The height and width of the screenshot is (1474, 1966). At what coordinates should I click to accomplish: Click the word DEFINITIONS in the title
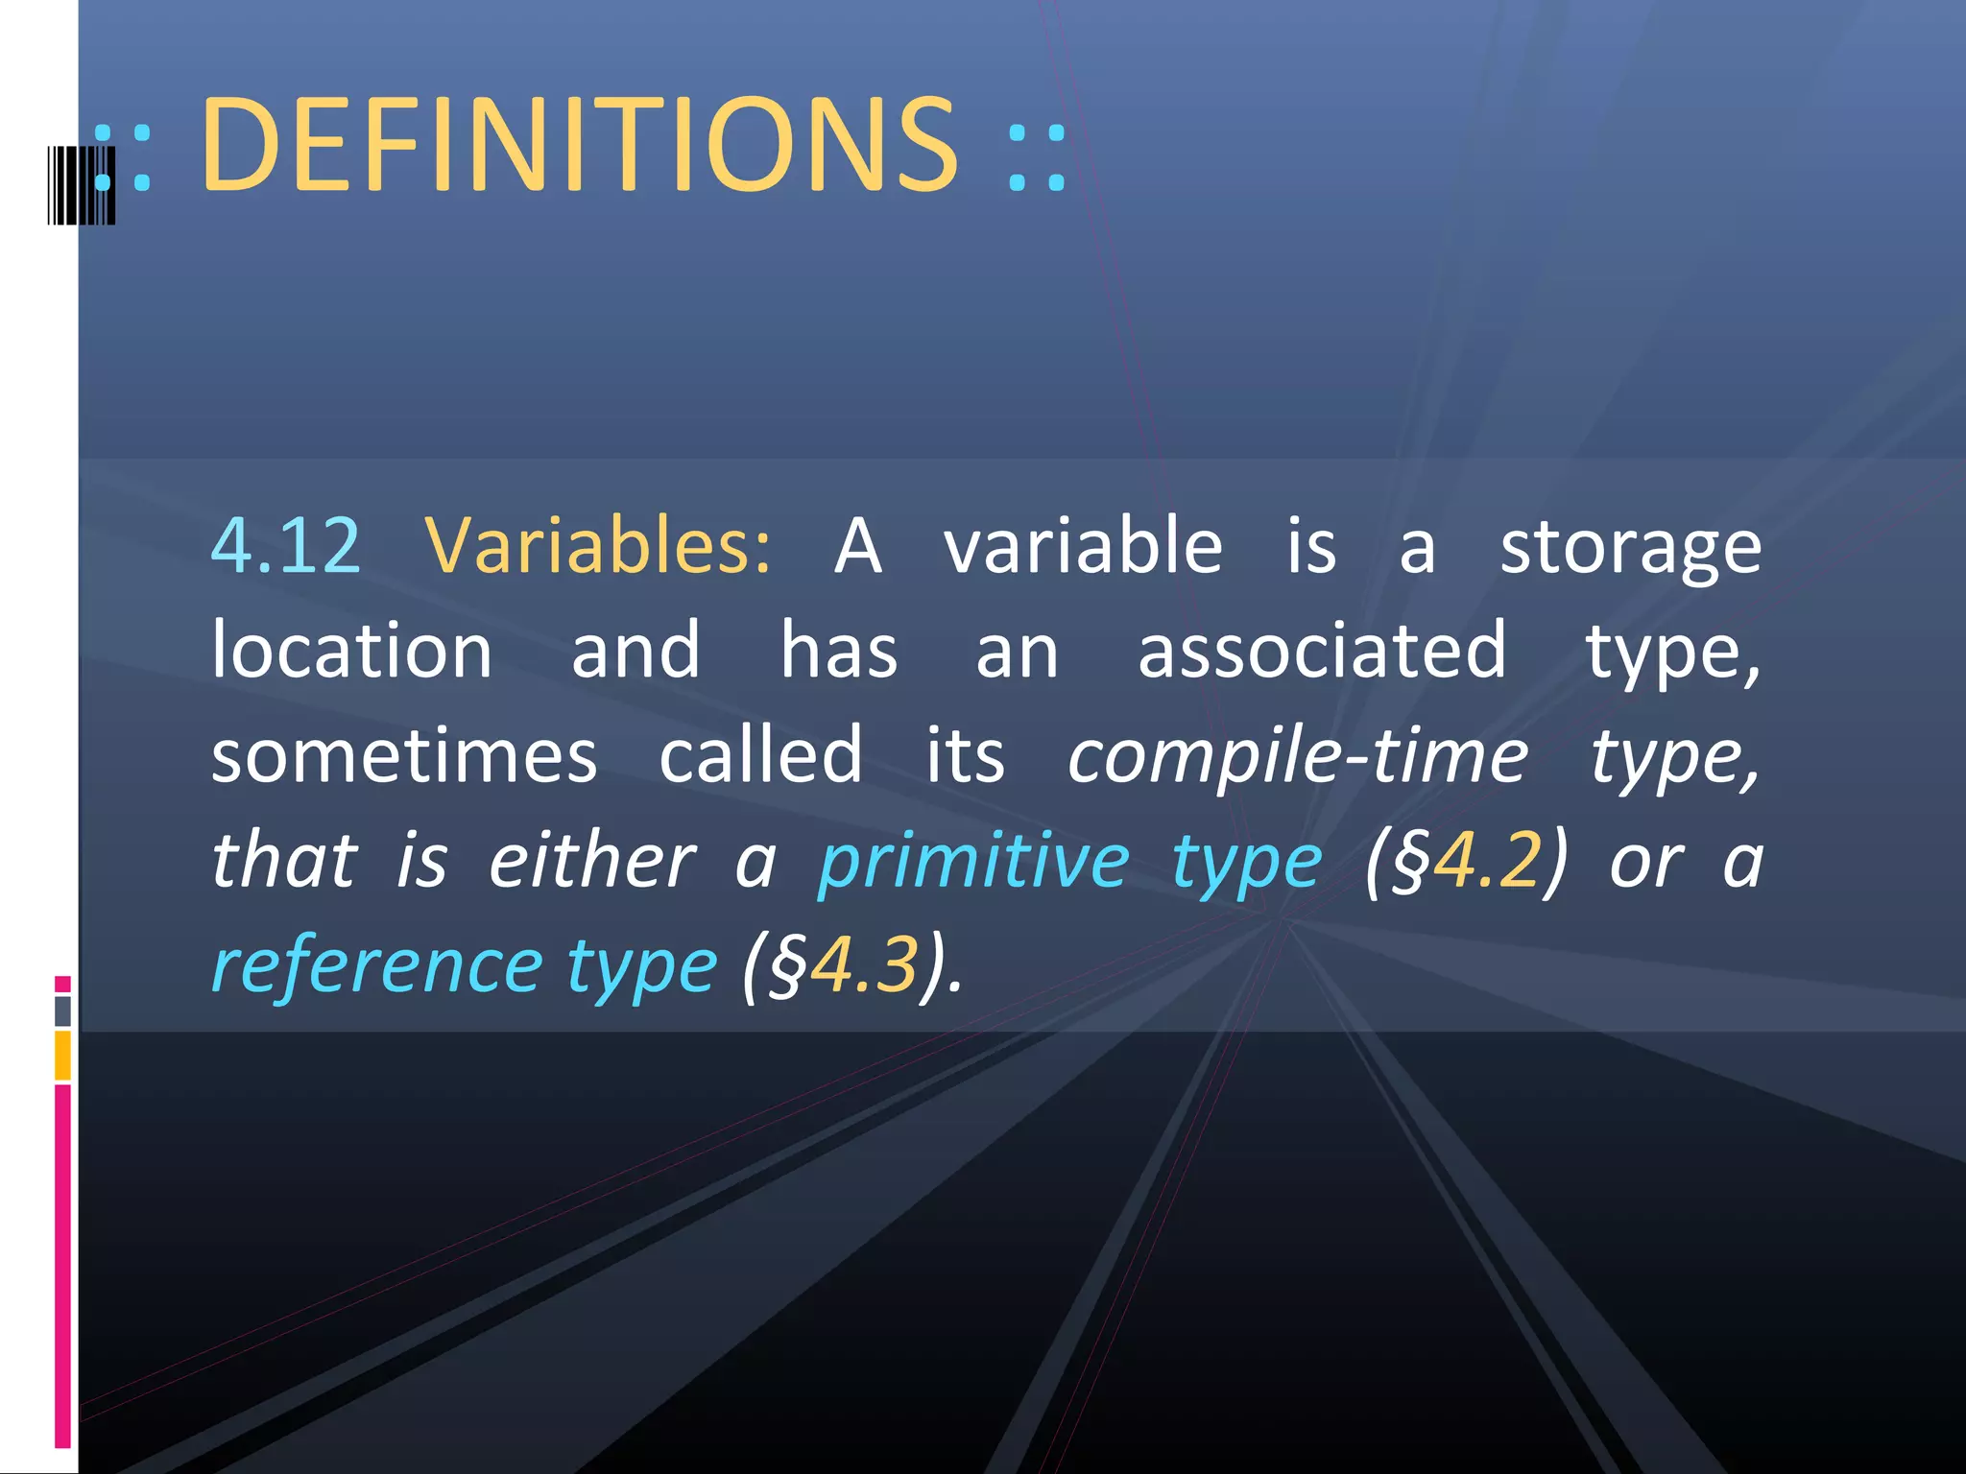click(x=579, y=146)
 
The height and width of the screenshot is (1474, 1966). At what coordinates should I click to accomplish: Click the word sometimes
click(x=404, y=756)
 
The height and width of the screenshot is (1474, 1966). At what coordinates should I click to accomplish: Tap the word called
click(x=760, y=756)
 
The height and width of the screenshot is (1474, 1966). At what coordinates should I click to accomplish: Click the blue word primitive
click(x=973, y=861)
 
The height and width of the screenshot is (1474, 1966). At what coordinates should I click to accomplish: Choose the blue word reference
click(x=377, y=965)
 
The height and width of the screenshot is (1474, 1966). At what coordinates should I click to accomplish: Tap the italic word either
click(x=591, y=861)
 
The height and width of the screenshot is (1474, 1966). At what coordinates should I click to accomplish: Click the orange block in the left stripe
click(x=62, y=1055)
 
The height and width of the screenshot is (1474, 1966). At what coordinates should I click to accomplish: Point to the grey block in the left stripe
click(x=62, y=1010)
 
